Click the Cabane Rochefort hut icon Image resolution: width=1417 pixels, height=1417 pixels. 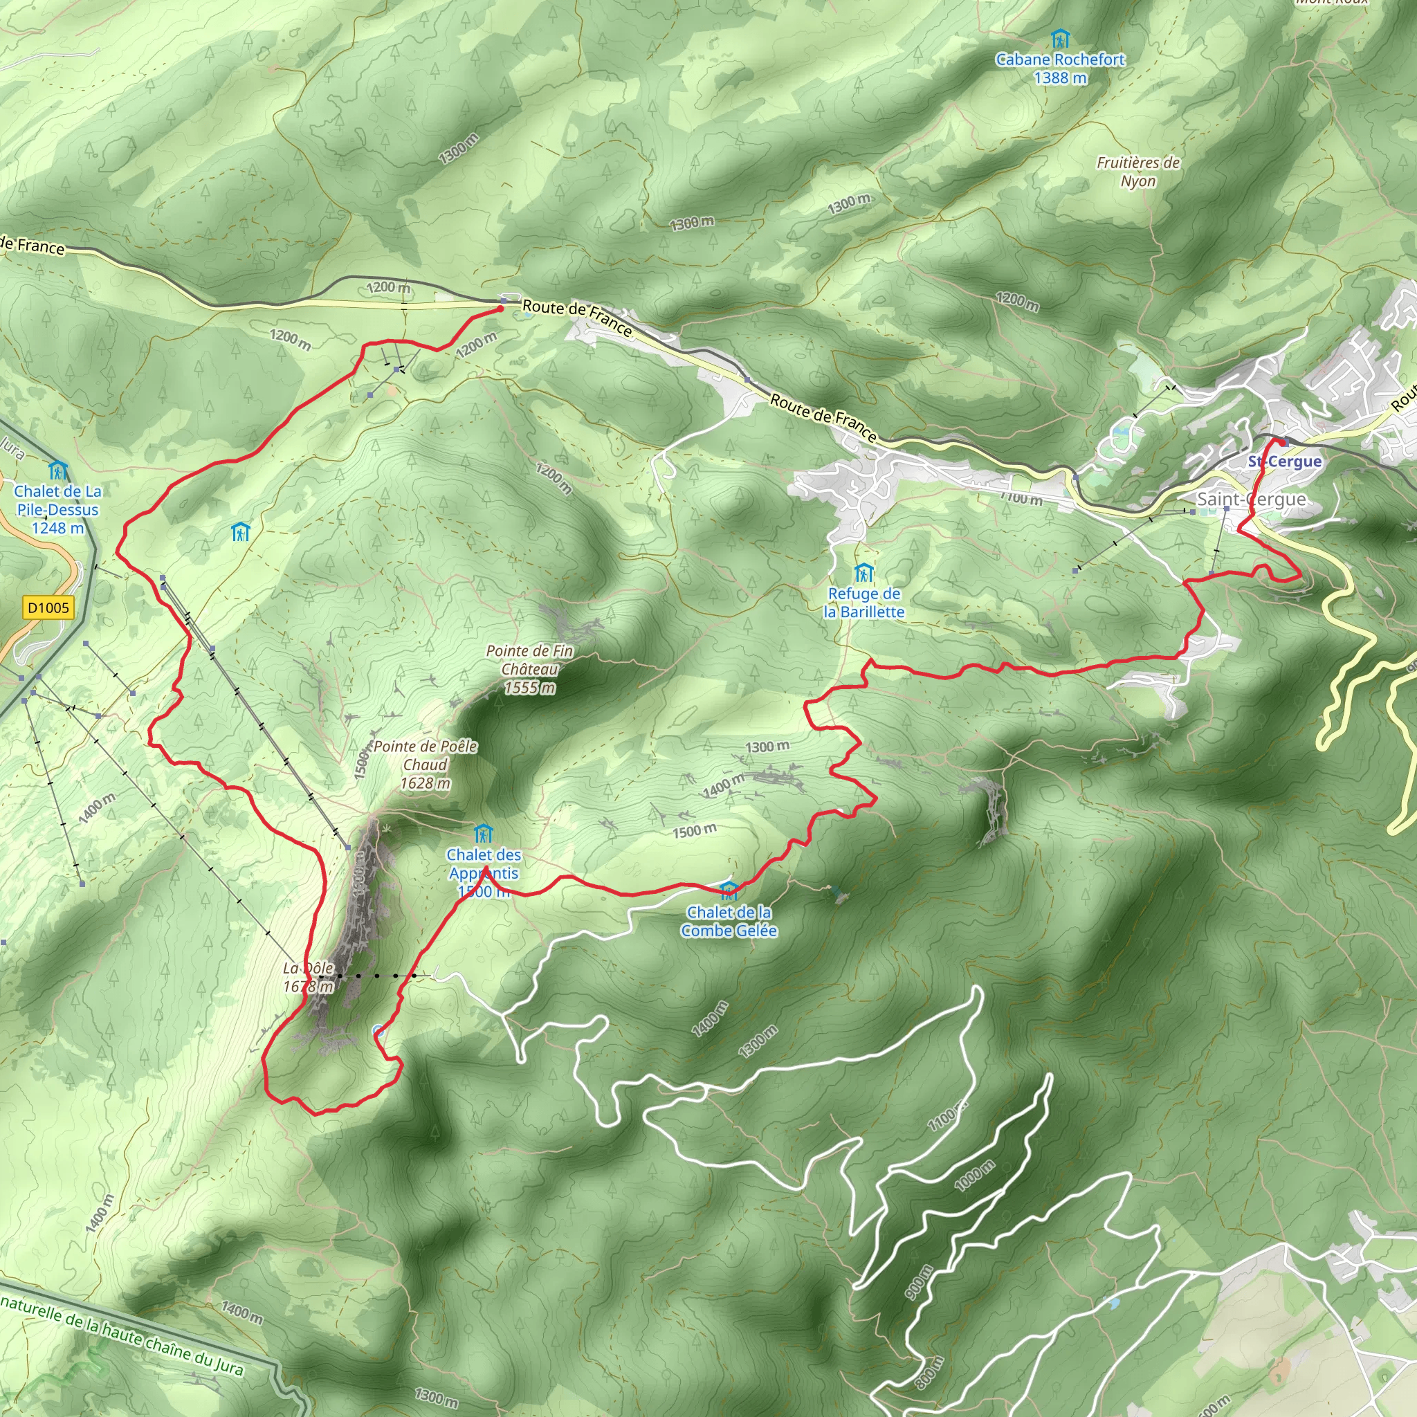tap(1059, 37)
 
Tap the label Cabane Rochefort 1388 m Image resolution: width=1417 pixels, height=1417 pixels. tap(1060, 68)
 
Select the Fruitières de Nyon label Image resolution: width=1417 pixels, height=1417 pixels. tap(1137, 172)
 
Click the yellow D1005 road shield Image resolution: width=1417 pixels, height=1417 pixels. tap(48, 607)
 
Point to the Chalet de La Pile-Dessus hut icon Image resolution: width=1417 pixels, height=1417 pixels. tap(57, 469)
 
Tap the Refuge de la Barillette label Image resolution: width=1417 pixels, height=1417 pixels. tap(863, 602)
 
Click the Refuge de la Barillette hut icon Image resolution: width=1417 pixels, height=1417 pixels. tap(863, 572)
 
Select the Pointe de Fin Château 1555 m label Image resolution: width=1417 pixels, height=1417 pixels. tap(529, 668)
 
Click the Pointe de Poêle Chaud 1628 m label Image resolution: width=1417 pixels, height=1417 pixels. tap(426, 765)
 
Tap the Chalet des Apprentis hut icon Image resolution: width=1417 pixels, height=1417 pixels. tap(483, 833)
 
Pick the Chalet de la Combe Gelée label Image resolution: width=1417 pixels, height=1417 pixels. tap(729, 921)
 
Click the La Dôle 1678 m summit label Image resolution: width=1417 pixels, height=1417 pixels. tap(308, 977)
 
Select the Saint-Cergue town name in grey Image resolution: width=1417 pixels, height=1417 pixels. tap(1251, 499)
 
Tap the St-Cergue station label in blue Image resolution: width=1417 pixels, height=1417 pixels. tap(1284, 461)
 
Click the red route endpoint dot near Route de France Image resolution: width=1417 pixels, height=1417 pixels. tap(500, 309)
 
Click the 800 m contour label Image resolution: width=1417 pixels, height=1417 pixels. tap(929, 1373)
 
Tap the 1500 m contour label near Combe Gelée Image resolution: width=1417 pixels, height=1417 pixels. tap(695, 830)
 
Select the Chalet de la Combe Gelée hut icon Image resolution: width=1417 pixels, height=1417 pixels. tap(729, 890)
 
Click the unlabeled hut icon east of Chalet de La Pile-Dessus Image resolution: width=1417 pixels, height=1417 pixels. tap(240, 532)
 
